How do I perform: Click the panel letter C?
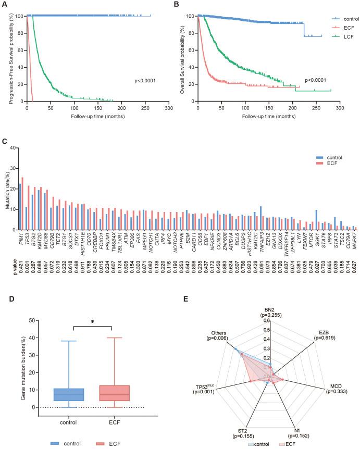click(5, 141)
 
